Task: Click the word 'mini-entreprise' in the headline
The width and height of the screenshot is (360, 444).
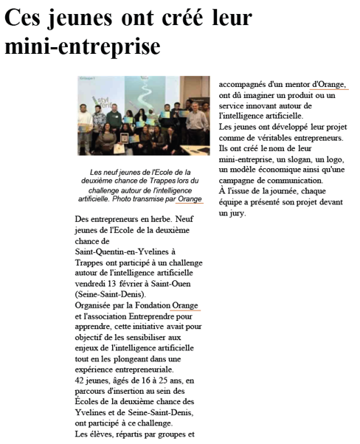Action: tap(83, 46)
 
